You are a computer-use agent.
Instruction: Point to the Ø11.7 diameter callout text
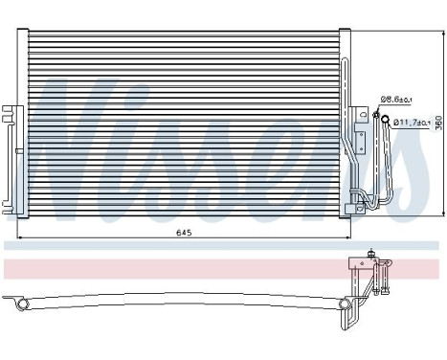pyautogui.click(x=409, y=122)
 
